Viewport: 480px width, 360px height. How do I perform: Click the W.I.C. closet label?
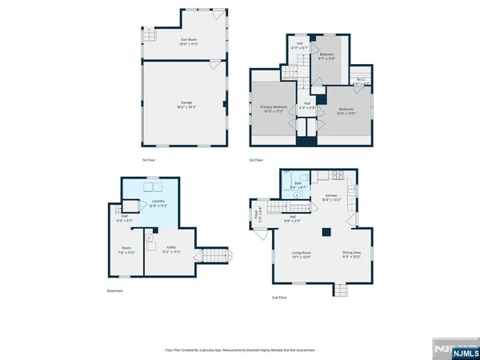[359, 81]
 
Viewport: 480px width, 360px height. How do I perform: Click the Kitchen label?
[331, 197]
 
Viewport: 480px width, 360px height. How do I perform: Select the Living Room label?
[301, 255]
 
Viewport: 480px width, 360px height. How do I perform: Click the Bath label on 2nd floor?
[298, 185]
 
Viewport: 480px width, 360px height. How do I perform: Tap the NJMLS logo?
[453, 349]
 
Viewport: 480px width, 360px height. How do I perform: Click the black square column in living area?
[326, 233]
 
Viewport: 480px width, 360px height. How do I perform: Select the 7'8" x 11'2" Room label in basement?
[126, 250]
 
